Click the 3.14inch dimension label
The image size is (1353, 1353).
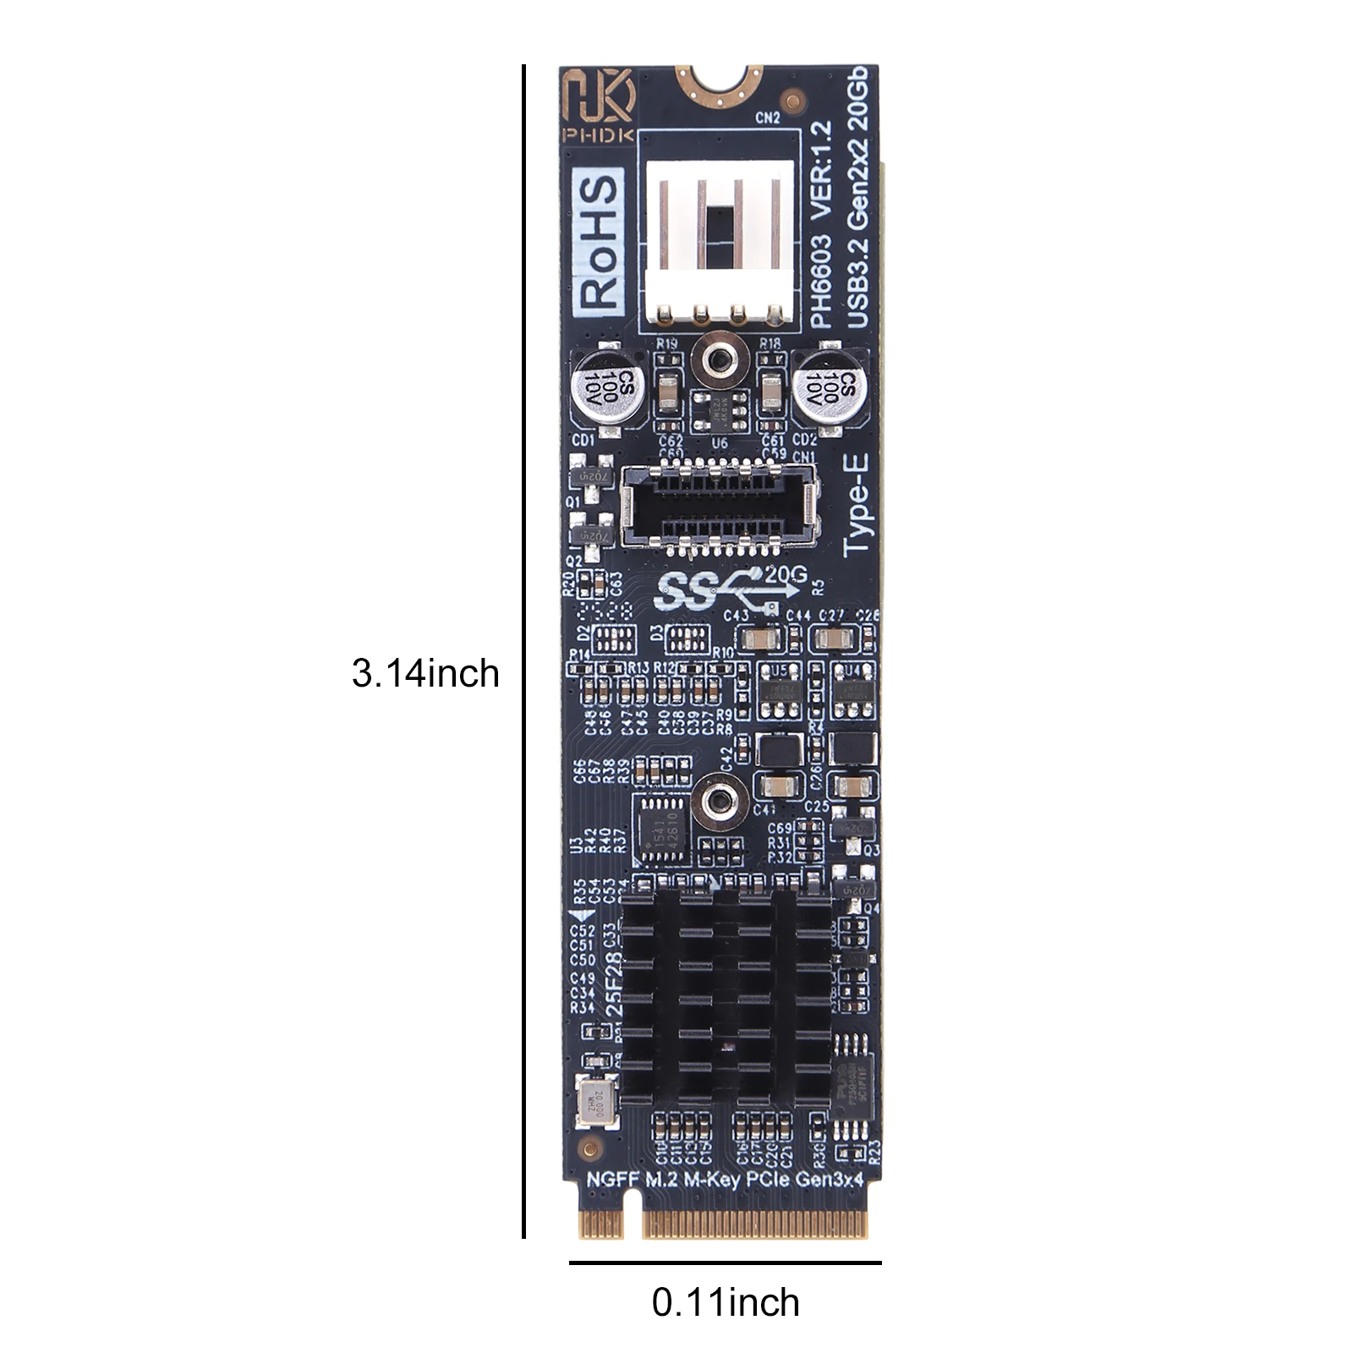point(425,674)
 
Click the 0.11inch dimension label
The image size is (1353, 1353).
point(726,1302)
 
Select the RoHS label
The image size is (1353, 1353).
point(598,240)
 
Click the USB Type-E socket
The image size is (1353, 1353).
point(720,505)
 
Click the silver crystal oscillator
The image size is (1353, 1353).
point(595,1101)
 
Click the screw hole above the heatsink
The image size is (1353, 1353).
point(718,799)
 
